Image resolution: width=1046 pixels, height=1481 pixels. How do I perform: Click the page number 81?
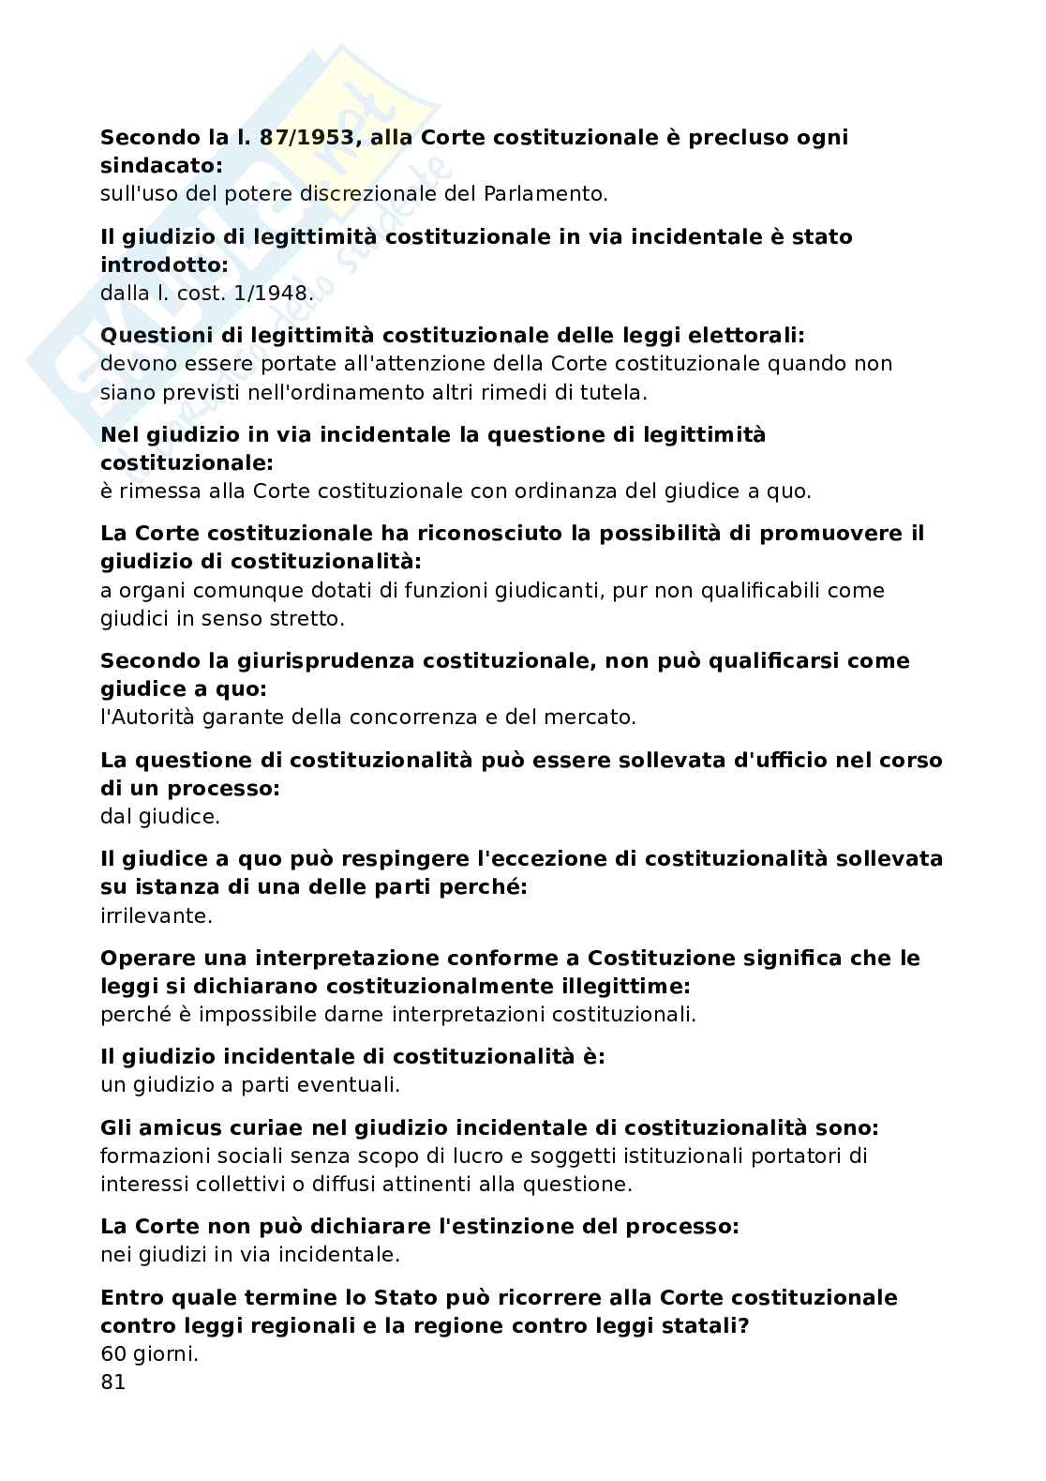(x=112, y=1383)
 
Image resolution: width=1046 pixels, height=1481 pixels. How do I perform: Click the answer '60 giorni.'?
(x=149, y=1353)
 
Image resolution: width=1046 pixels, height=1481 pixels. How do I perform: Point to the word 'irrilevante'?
(x=155, y=915)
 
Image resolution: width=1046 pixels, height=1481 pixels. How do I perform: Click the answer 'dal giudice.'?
(x=159, y=816)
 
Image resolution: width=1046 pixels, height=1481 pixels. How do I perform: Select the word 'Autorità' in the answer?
(x=157, y=718)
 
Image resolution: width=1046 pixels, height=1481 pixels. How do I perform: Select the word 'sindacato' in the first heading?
(x=158, y=166)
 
